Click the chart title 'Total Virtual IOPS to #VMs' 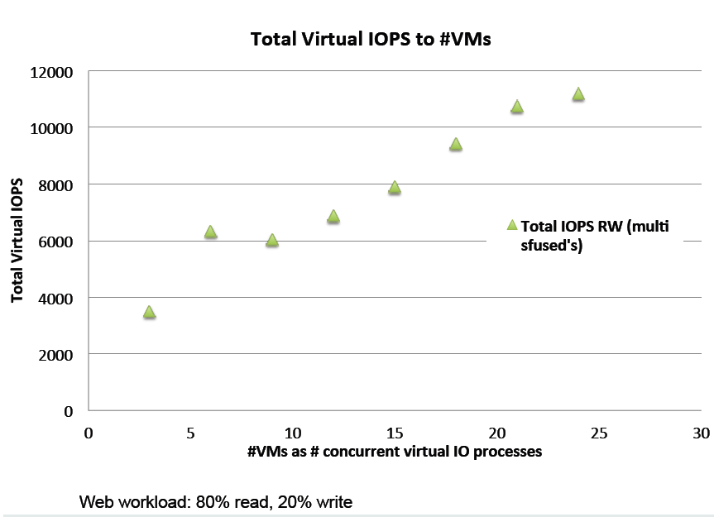pos(371,40)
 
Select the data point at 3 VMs pos(149,312)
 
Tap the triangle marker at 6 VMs pos(210,232)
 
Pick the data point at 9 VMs pos(271,240)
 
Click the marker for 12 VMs pos(333,216)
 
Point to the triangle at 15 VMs pos(395,188)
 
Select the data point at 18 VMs pos(455,144)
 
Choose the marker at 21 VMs pos(517,106)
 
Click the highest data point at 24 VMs pos(578,94)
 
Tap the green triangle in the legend pos(511,225)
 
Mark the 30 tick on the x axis pos(701,433)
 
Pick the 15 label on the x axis pos(395,433)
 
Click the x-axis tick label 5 pos(190,433)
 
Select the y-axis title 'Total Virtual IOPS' pos(17,240)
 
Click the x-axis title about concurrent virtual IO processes pos(394,452)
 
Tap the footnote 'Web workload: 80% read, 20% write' pos(216,501)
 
